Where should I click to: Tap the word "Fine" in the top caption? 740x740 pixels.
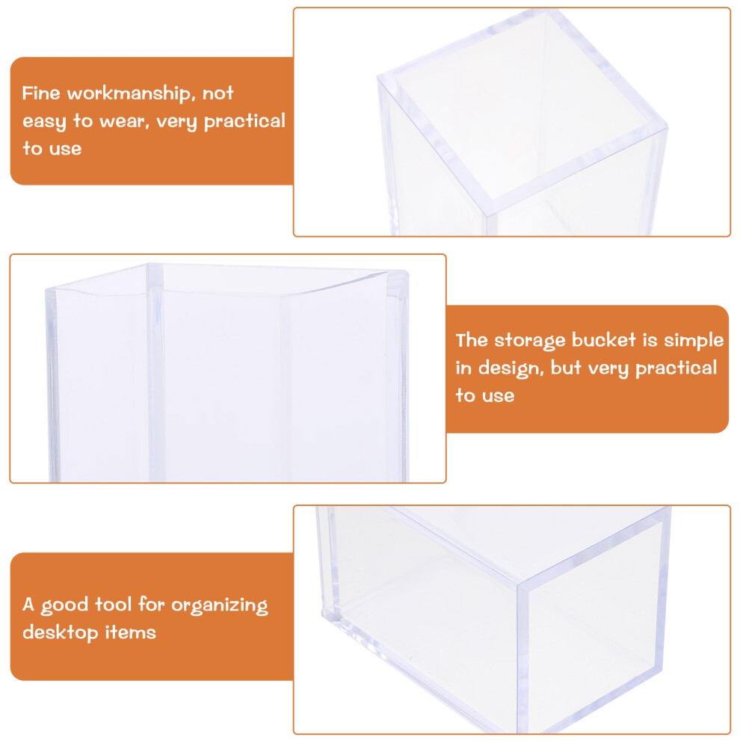41,93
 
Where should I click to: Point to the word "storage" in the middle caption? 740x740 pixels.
529,341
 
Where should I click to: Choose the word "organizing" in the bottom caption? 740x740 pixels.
220,605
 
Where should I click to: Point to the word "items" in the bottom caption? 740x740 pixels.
130,632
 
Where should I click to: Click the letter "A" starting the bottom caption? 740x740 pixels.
28,604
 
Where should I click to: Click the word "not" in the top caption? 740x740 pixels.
218,93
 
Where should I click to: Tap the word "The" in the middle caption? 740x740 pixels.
472,340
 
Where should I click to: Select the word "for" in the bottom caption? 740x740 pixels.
151,604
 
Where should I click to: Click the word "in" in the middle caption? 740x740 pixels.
463,367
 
